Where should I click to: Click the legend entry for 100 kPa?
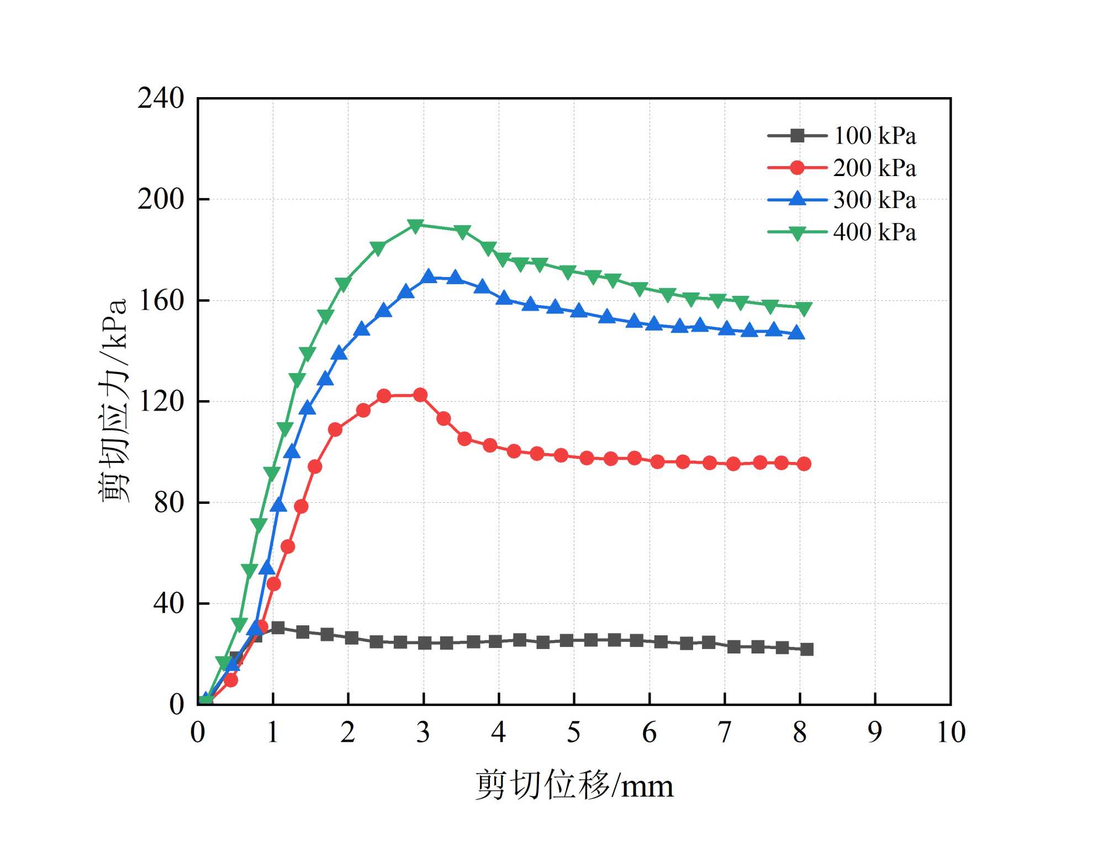pyautogui.click(x=874, y=136)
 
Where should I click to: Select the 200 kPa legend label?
pyautogui.click(x=874, y=168)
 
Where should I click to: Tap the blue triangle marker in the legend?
pyautogui.click(x=797, y=199)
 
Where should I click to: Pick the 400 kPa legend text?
pyautogui.click(x=874, y=232)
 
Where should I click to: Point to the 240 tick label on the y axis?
pyautogui.click(x=160, y=99)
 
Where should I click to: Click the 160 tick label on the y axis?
pyautogui.click(x=160, y=301)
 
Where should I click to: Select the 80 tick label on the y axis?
pyautogui.click(x=168, y=503)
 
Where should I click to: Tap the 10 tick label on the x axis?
pyautogui.click(x=951, y=732)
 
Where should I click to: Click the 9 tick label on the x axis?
pyautogui.click(x=875, y=732)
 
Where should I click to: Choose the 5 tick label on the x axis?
pyautogui.click(x=574, y=732)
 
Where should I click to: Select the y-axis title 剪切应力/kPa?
pyautogui.click(x=114, y=400)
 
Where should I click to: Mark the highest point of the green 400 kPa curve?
pyautogui.click(x=415, y=226)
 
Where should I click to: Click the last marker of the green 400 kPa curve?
pyautogui.click(x=804, y=309)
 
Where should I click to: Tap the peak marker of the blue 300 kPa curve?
pyautogui.click(x=429, y=277)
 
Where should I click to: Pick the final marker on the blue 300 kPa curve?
pyautogui.click(x=796, y=333)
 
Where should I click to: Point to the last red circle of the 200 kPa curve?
pyautogui.click(x=804, y=464)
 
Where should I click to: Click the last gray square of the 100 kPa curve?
pyautogui.click(x=807, y=650)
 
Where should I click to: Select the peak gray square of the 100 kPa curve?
pyautogui.click(x=278, y=628)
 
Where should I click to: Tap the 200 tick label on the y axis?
pyautogui.click(x=160, y=199)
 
